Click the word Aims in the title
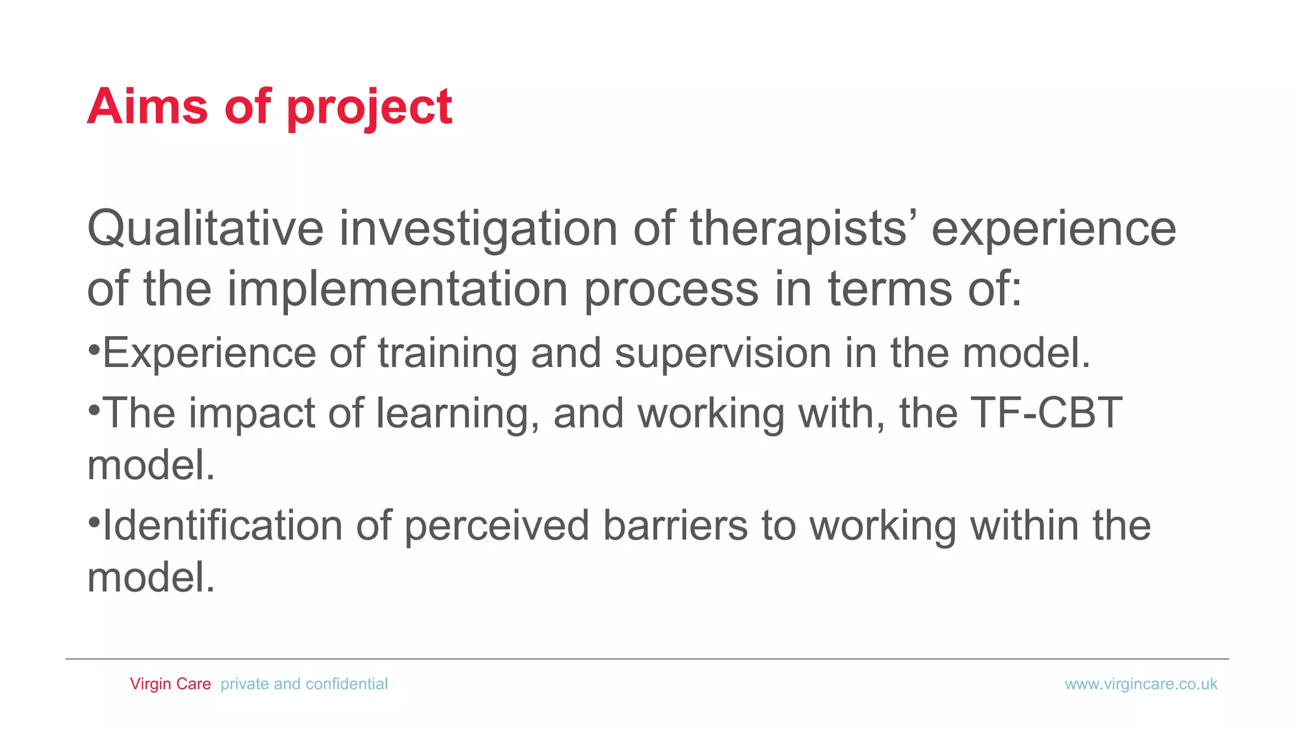(x=147, y=106)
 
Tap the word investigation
(x=478, y=229)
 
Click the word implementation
(x=397, y=289)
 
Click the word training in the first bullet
(x=447, y=353)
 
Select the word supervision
(x=723, y=353)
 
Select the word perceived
(x=497, y=526)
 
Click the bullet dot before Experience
(x=94, y=349)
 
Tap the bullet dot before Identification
(x=94, y=522)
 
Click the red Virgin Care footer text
(x=170, y=684)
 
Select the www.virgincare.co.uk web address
(x=1141, y=684)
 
